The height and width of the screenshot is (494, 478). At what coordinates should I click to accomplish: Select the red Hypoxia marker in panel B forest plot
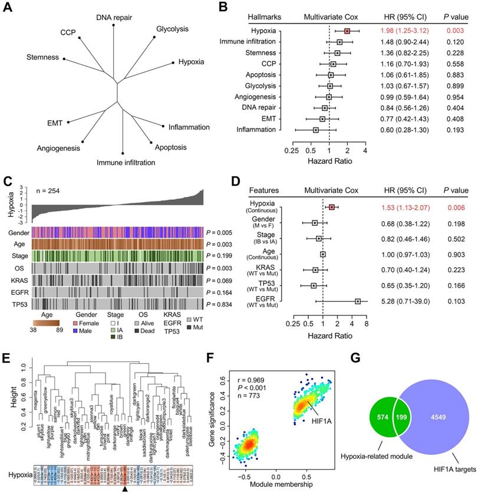(347, 30)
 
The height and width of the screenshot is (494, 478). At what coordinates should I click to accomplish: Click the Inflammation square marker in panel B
(316, 129)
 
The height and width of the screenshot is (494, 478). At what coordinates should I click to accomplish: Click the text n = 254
(52, 191)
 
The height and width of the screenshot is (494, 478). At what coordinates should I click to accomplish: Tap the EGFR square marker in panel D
(358, 301)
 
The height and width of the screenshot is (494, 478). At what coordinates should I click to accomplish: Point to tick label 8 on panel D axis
(367, 324)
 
